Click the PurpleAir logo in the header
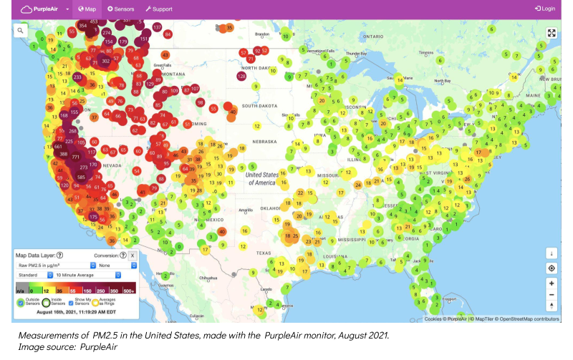tap(39, 9)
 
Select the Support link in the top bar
tap(158, 9)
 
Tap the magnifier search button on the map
tap(21, 30)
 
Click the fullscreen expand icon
tap(552, 33)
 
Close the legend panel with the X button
tap(133, 256)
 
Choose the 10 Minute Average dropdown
tap(87, 275)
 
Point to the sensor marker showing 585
tap(82, 177)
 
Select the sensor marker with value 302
tap(105, 61)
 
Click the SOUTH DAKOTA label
tap(259, 106)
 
